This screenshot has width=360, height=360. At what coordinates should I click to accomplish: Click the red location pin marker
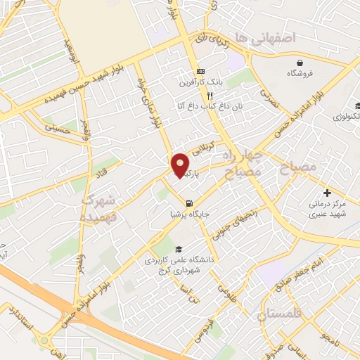(180, 165)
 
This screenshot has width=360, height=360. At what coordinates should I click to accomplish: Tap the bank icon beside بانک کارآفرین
(200, 72)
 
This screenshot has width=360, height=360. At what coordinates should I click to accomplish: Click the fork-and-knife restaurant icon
(200, 96)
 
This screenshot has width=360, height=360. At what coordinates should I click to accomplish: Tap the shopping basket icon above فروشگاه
(300, 63)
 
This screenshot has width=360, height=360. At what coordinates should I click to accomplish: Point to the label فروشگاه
(300, 73)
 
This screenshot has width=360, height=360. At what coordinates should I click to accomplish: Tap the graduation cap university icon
(179, 250)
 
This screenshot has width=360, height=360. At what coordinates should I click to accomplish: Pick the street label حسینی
(58, 129)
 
